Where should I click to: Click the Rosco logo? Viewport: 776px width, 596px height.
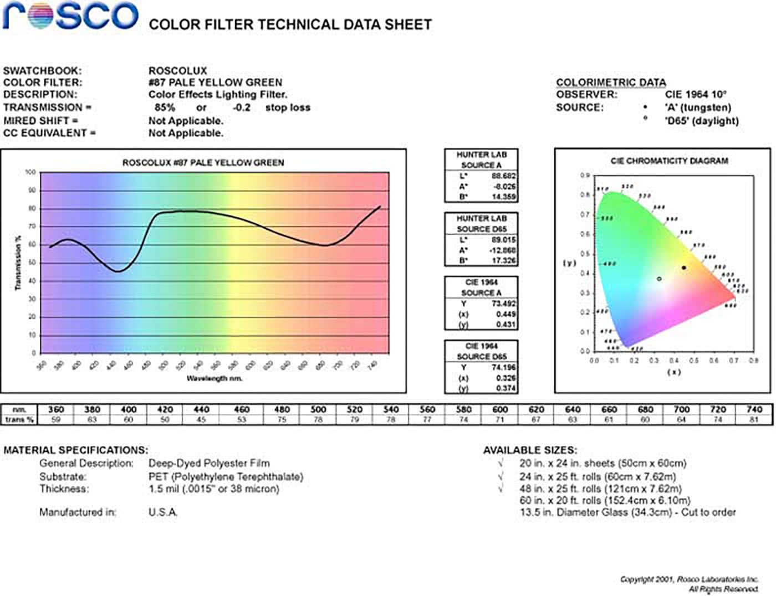point(70,16)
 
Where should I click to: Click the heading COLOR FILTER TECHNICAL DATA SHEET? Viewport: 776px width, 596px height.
point(290,25)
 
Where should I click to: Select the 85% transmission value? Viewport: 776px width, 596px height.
point(165,107)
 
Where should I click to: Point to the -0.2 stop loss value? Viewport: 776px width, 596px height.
point(242,107)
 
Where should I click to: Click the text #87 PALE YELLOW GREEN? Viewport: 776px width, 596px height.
point(215,83)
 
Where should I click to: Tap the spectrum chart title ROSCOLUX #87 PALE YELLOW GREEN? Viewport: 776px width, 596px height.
point(203,163)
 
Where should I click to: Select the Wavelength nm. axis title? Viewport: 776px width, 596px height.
point(215,378)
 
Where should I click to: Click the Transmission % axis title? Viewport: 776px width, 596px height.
point(18,263)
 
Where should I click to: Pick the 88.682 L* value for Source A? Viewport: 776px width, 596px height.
point(503,176)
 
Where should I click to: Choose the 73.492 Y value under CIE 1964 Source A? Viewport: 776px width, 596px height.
point(503,304)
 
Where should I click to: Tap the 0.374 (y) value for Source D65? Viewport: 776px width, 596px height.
point(506,388)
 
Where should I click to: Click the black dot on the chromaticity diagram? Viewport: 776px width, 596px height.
point(684,268)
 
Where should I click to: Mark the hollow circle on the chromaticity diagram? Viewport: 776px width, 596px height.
point(659,279)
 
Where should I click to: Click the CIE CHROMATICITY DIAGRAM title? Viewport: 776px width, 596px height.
point(669,161)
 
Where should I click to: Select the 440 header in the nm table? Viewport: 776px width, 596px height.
point(201,409)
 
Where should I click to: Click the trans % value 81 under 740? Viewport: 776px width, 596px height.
point(754,420)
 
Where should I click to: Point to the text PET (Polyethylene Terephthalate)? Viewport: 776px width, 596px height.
point(226,476)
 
